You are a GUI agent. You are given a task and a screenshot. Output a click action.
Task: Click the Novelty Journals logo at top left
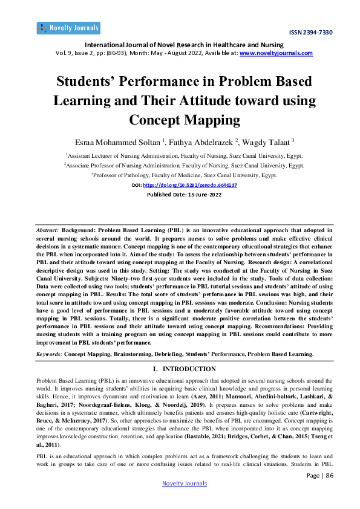coord(68,28)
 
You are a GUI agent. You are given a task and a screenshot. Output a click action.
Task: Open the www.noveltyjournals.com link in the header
coord(277,53)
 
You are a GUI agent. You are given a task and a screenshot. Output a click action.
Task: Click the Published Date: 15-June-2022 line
coord(180,195)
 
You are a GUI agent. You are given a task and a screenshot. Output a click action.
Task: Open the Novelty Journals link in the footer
coord(185,484)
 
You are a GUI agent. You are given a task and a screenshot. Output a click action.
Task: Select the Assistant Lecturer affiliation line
coord(180,155)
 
